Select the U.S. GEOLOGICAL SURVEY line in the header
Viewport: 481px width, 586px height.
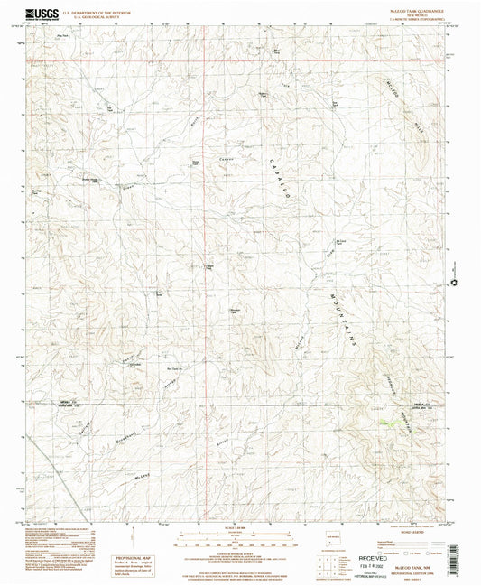[x=94, y=18]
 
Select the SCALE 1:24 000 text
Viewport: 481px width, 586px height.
[x=239, y=526]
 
